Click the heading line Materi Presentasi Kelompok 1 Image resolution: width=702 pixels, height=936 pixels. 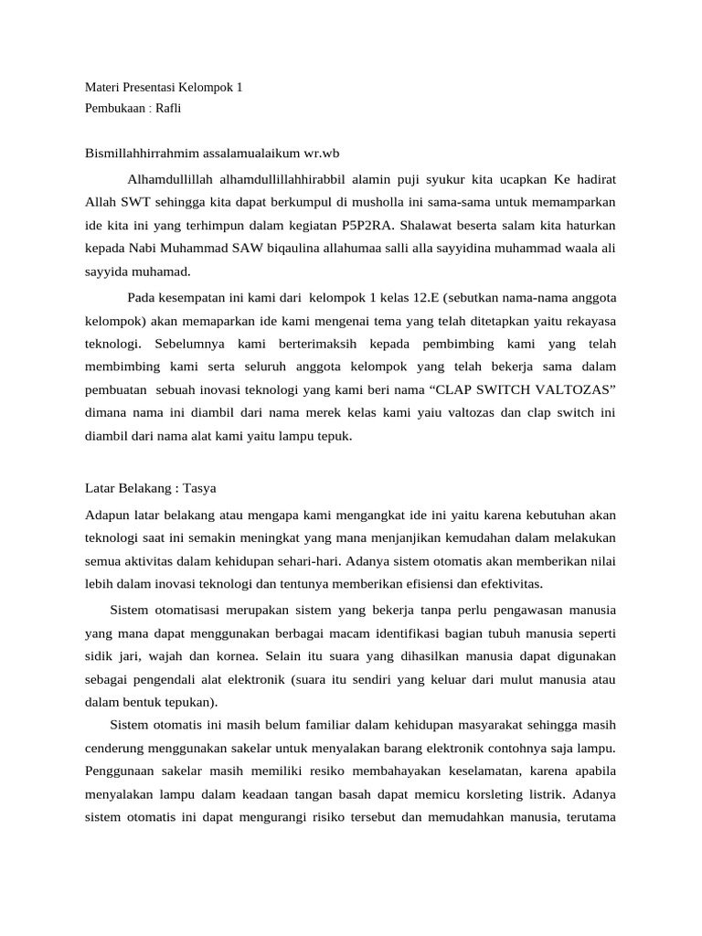coord(164,89)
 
